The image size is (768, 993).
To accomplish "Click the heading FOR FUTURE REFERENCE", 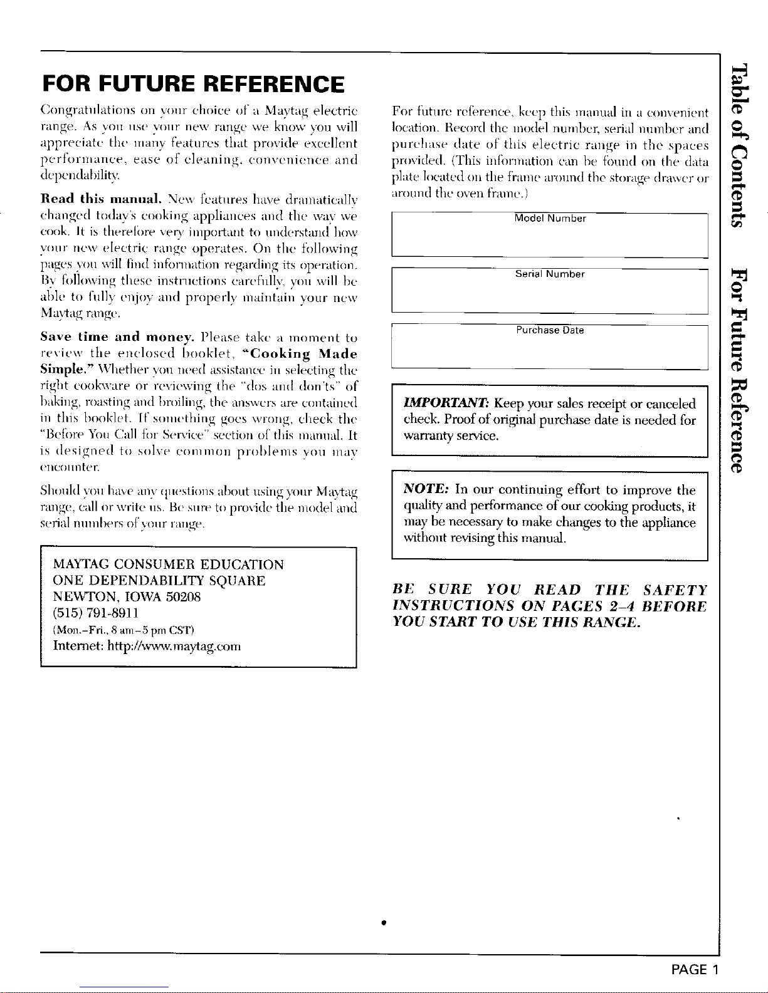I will click(x=193, y=84).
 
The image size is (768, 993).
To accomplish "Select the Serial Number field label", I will click(x=550, y=274).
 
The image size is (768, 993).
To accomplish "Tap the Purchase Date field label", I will click(x=550, y=330).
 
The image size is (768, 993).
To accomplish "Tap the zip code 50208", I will click(x=182, y=596).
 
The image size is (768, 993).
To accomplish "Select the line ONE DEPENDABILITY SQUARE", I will click(x=160, y=581).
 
